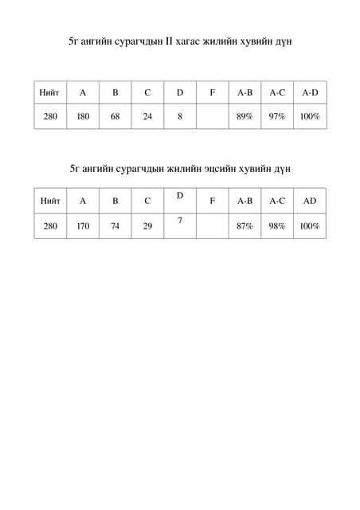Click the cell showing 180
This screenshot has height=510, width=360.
[x=83, y=116]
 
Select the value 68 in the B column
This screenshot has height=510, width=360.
[x=115, y=116]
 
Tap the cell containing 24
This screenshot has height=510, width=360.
[x=147, y=116]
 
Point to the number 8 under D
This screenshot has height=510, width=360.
[x=180, y=116]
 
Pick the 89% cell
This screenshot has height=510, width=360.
[x=245, y=116]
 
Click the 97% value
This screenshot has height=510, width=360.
[x=277, y=116]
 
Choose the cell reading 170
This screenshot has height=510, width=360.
[x=83, y=226]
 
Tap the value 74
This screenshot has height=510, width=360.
[x=115, y=226]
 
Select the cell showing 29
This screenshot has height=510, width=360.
[x=147, y=226]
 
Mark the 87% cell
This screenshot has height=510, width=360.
[x=245, y=226]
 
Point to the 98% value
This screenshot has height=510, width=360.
[x=277, y=226]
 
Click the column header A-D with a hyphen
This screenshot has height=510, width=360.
[x=310, y=93]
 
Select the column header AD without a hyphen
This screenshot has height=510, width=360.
[x=310, y=201]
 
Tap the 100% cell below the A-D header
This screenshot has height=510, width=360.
[x=310, y=116]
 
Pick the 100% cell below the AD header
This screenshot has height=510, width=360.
[x=310, y=226]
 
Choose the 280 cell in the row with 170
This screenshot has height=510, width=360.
[x=50, y=226]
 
